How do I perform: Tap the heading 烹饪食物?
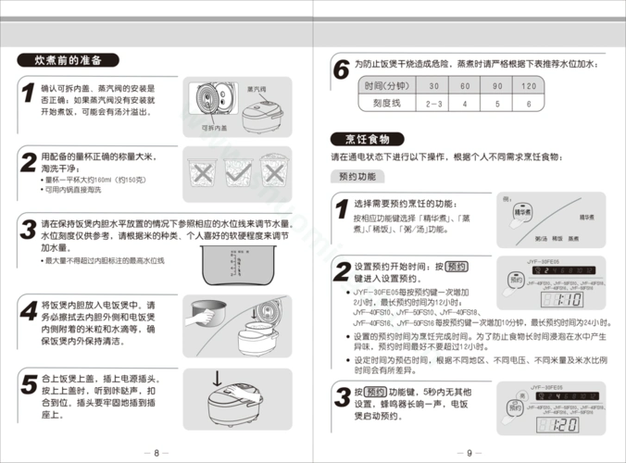pyautogui.click(x=367, y=139)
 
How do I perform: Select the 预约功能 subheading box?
pyautogui.click(x=357, y=176)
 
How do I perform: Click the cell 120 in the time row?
pyautogui.click(x=528, y=86)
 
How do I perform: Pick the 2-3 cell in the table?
pyautogui.click(x=432, y=105)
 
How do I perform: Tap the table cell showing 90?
pyautogui.click(x=496, y=86)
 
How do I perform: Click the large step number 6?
pyautogui.click(x=341, y=69)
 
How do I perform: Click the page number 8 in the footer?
pyautogui.click(x=156, y=453)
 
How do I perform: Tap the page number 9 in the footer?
pyautogui.click(x=469, y=453)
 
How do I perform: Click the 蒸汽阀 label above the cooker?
pyautogui.click(x=257, y=89)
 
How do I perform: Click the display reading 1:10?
pyautogui.click(x=570, y=300)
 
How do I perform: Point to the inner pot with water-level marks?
pyautogui.click(x=237, y=253)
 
